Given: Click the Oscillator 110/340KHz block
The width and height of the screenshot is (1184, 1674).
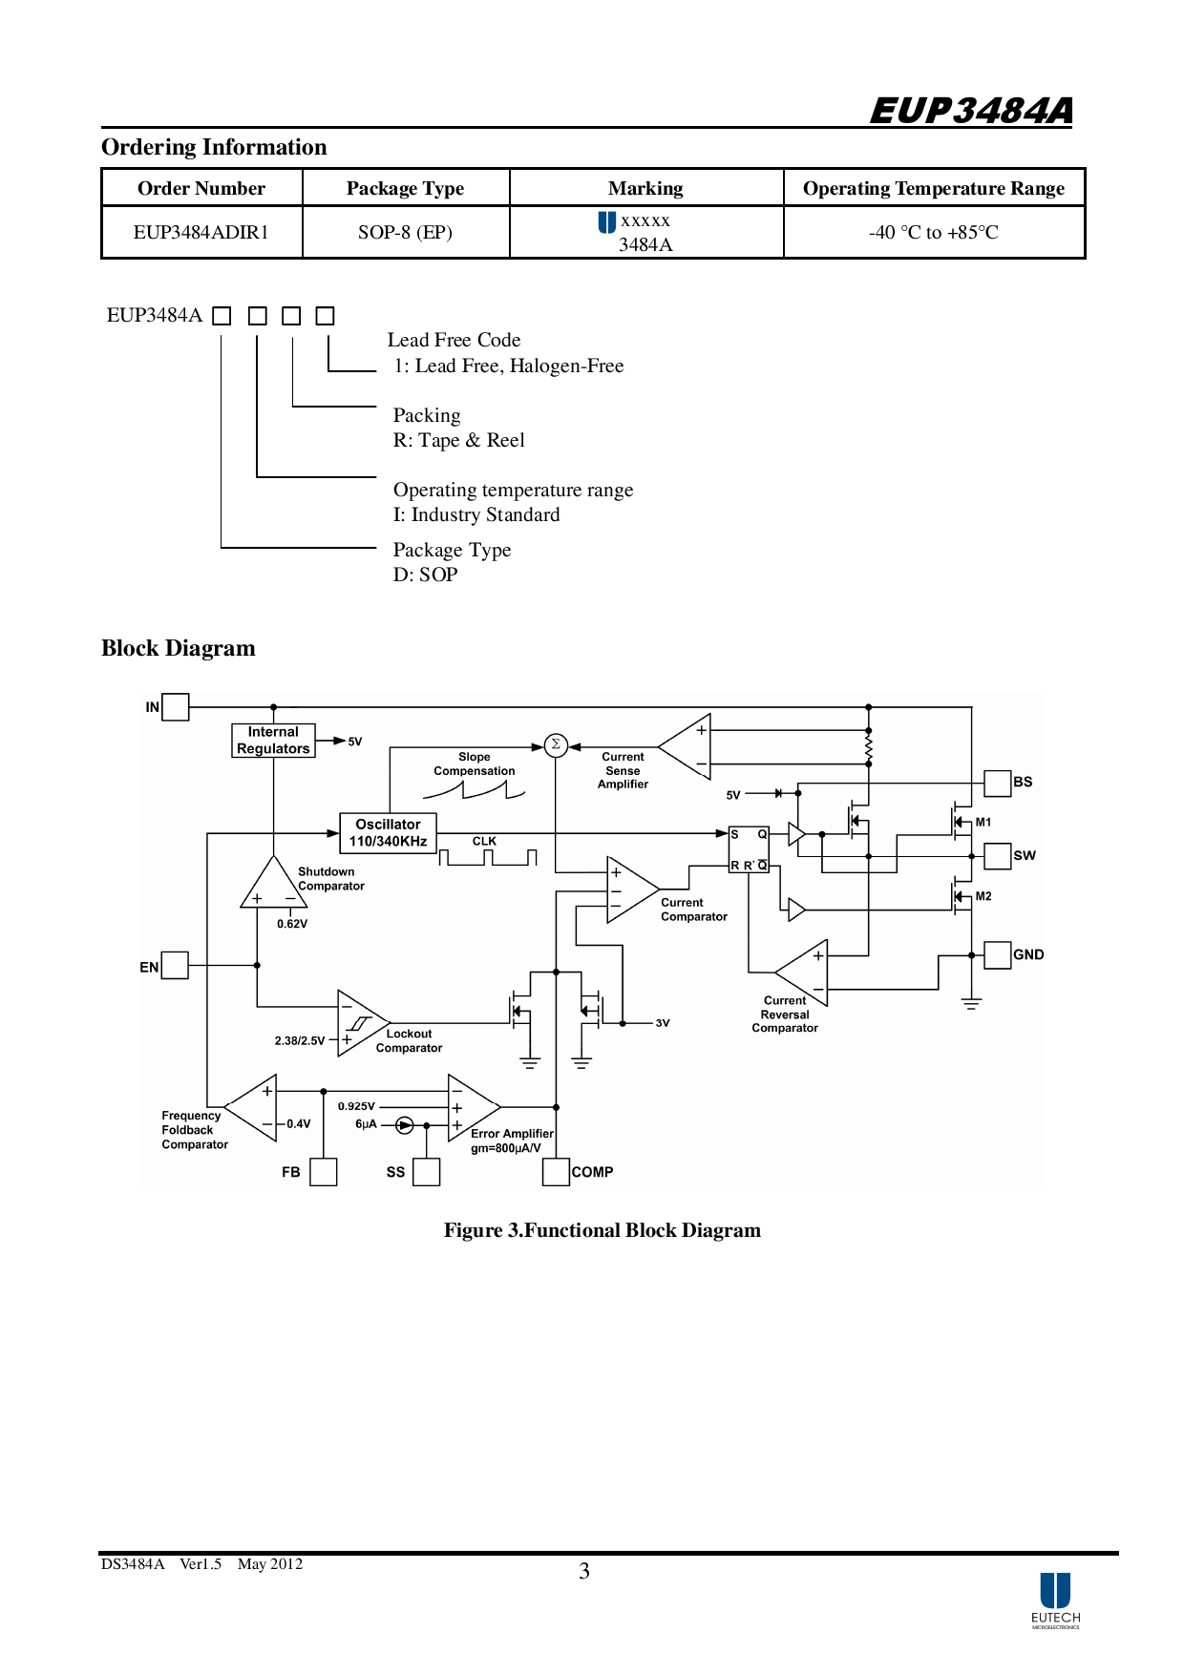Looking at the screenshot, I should (388, 832).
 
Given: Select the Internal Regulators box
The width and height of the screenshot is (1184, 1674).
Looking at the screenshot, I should (273, 741).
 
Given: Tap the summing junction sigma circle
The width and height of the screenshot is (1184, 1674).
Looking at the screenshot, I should (556, 745).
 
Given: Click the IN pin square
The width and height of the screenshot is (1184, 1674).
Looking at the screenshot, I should (176, 707).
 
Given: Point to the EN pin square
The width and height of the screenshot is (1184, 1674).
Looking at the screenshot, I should (175, 965).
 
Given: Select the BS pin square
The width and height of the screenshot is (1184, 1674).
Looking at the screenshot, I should (998, 783).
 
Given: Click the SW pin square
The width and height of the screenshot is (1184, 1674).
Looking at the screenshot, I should (998, 855).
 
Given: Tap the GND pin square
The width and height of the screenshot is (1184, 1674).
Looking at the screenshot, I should (998, 954).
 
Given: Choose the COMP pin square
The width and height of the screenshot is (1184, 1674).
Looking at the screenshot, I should (556, 1172).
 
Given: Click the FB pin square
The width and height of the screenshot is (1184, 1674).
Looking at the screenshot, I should (324, 1172).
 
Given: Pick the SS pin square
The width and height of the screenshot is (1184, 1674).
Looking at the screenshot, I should (426, 1172).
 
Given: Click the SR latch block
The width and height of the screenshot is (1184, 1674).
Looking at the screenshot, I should (749, 849).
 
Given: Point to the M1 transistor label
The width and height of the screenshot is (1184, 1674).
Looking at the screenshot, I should (983, 822).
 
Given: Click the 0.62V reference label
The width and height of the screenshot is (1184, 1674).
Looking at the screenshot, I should (292, 924).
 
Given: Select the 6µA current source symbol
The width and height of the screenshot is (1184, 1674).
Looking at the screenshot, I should (405, 1125).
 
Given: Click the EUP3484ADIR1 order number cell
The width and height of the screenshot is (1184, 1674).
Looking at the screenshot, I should (201, 232).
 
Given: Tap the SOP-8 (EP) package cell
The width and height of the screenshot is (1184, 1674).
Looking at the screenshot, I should (405, 232).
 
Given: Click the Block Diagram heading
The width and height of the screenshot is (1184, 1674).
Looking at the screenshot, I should (179, 648).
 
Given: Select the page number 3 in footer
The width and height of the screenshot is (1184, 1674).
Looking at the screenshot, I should (584, 1571).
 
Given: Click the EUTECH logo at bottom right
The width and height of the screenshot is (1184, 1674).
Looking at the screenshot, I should (1055, 1600).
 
